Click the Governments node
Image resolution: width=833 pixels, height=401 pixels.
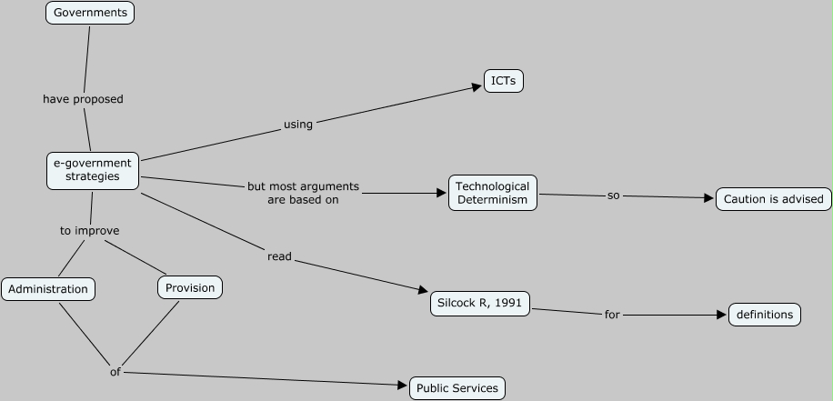(x=90, y=13)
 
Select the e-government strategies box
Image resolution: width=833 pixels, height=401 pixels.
(x=93, y=170)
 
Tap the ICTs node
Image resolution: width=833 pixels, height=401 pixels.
(x=503, y=81)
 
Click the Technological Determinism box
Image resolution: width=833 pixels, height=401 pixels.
(x=492, y=193)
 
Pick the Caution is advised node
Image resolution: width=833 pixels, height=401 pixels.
(x=773, y=199)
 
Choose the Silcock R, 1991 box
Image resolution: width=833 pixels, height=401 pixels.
(x=480, y=304)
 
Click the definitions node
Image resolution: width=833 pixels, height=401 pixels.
(x=765, y=315)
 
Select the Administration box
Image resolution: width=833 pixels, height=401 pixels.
(x=48, y=289)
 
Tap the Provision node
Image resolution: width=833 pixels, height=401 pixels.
(x=190, y=287)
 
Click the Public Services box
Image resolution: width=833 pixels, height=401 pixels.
(x=457, y=388)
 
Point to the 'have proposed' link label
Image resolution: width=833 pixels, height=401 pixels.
(x=83, y=98)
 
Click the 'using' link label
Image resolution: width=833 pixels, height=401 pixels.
(x=298, y=125)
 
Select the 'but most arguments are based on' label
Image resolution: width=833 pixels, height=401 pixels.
(x=303, y=193)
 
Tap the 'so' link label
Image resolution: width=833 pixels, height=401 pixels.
(x=613, y=195)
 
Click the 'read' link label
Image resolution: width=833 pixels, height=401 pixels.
(x=279, y=256)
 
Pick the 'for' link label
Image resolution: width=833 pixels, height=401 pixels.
(x=612, y=315)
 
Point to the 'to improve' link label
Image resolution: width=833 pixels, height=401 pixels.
(x=90, y=231)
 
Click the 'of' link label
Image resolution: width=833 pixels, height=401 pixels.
(x=115, y=371)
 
